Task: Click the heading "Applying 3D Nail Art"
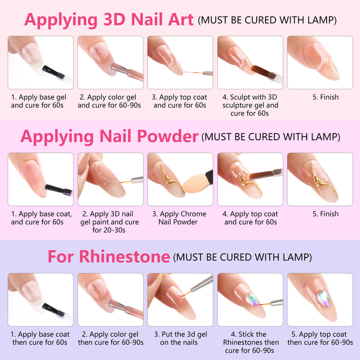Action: coord(109,19)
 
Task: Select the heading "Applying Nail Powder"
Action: coord(109,136)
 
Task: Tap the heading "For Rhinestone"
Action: coord(108,256)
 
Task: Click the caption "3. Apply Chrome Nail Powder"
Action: coord(180,218)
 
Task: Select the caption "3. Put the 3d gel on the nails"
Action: coord(180,338)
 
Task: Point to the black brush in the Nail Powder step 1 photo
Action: coord(58,188)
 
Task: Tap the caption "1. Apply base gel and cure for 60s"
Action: coord(40,101)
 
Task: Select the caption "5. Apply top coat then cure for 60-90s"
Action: coord(320,338)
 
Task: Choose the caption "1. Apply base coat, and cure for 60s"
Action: coord(40,218)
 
